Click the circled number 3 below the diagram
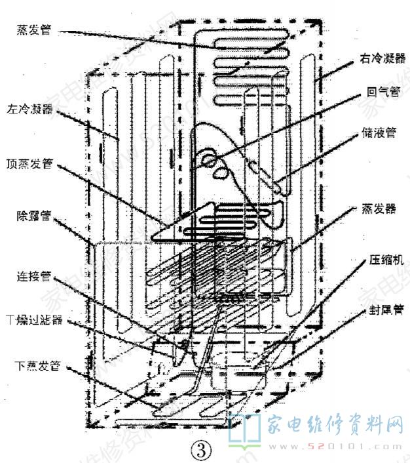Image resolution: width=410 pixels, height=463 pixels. (x=202, y=449)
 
